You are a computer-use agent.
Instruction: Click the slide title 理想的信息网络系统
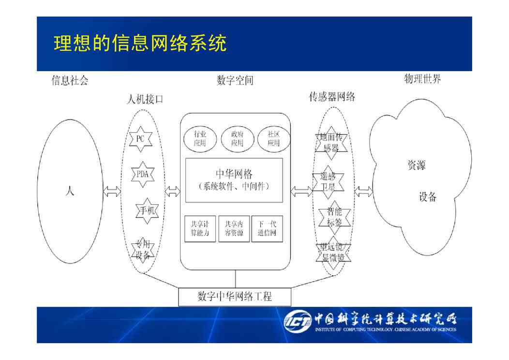140,44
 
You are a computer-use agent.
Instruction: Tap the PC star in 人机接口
140,138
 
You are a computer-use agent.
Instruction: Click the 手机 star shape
147,210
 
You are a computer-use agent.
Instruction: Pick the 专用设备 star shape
143,250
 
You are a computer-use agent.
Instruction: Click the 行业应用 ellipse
200,138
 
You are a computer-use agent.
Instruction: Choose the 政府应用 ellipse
237,138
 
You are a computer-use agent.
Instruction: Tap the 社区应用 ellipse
273,138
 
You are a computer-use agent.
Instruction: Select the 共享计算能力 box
200,229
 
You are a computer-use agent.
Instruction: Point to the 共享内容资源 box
234,229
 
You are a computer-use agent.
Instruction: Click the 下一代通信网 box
267,229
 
